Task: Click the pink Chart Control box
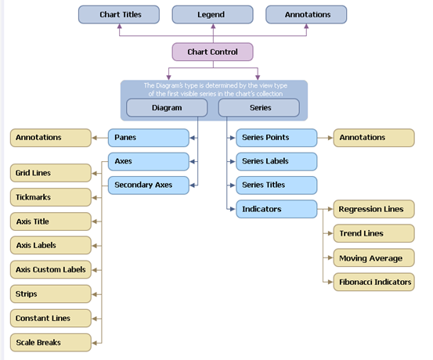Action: click(x=212, y=52)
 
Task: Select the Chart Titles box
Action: click(x=119, y=14)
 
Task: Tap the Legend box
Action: click(x=212, y=14)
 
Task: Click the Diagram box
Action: click(x=167, y=108)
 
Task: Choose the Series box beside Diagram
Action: click(x=258, y=108)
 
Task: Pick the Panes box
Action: click(x=149, y=138)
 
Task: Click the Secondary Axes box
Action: click(x=149, y=185)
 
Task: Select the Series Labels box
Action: click(x=276, y=161)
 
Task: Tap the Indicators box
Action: click(x=276, y=209)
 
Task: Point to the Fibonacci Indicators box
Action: click(x=374, y=282)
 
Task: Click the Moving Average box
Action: click(x=374, y=257)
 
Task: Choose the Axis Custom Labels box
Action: click(x=51, y=269)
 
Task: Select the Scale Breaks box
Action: click(x=51, y=343)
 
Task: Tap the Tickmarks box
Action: click(x=51, y=197)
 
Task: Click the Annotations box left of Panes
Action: click(x=51, y=138)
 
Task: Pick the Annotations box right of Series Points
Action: click(x=374, y=138)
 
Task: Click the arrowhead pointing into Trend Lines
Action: click(x=330, y=233)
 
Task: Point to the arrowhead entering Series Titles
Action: click(x=233, y=185)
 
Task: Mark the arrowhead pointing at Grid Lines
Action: click(x=95, y=174)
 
